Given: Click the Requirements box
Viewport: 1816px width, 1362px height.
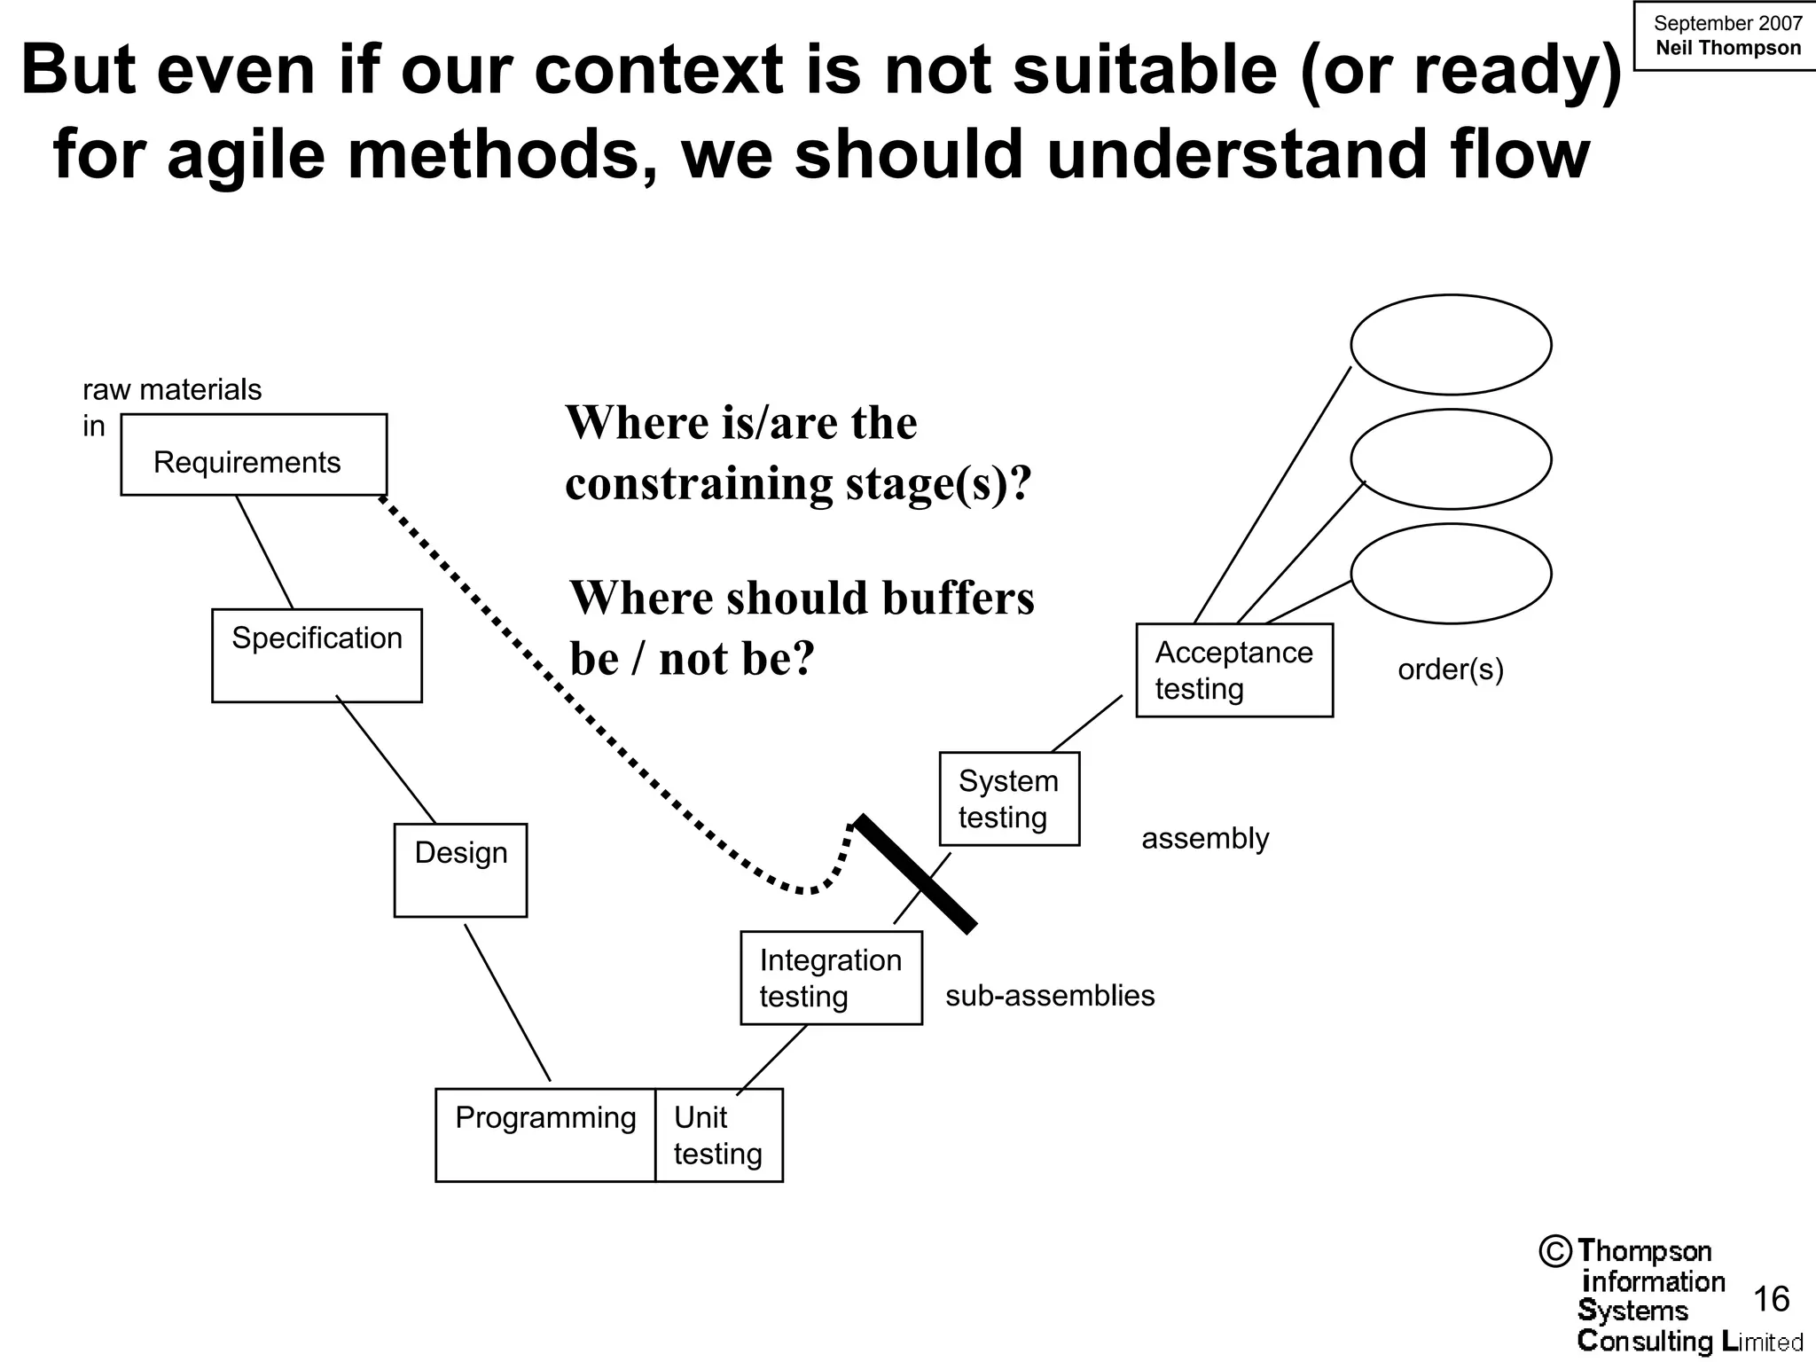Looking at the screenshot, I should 254,455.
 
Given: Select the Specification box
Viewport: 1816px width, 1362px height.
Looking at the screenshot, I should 317,655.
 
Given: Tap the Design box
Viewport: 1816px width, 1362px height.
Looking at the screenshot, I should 460,870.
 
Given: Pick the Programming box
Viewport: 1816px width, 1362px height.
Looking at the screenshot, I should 545,1135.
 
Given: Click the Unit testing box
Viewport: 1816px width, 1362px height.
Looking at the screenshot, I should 718,1135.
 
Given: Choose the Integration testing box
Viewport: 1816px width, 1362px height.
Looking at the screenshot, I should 831,977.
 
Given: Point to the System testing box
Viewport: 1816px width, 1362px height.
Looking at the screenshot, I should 1009,799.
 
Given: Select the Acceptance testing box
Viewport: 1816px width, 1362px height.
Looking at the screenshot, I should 1234,670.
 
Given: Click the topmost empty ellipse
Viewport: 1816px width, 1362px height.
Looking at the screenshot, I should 1451,345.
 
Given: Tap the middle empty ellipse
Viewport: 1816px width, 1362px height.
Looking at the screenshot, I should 1451,459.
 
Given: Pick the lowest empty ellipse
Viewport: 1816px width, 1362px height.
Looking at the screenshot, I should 1451,574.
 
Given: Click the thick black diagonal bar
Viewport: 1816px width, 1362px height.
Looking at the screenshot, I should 915,873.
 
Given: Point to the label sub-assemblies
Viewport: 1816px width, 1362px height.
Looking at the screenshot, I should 1050,996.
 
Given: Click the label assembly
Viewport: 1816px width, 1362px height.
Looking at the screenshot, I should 1205,838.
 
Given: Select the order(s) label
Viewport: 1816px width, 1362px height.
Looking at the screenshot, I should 1451,669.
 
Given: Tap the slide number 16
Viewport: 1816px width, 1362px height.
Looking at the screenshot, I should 1772,1299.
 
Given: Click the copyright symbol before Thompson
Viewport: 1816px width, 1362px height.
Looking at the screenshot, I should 1555,1251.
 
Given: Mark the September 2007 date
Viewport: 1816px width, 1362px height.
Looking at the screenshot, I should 1727,23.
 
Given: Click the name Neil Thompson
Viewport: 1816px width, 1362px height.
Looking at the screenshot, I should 1727,48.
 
